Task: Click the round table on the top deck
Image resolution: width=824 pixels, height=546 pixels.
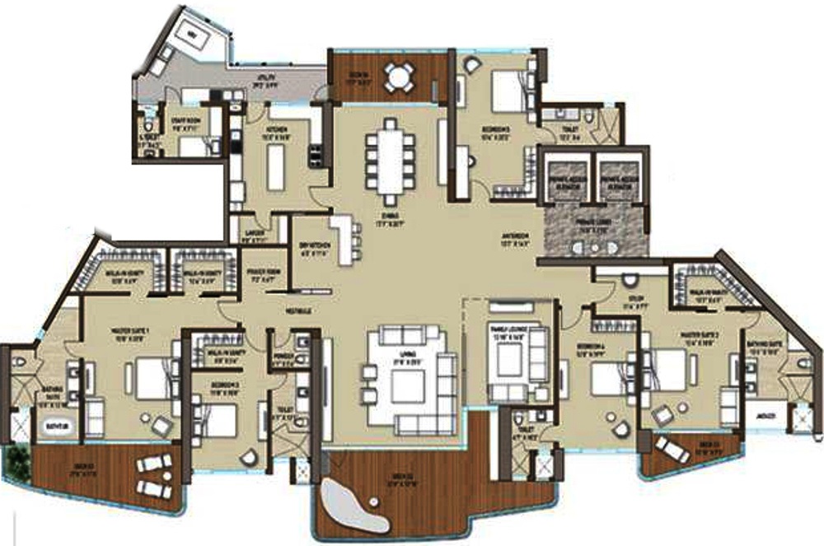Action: (x=399, y=78)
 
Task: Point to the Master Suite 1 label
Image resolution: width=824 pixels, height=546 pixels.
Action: (x=131, y=331)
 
